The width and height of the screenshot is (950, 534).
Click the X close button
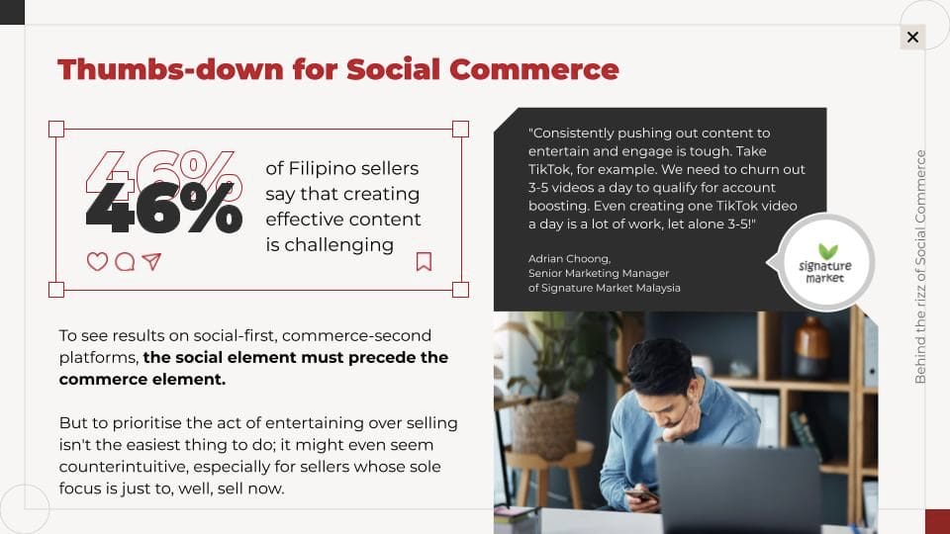[x=912, y=38]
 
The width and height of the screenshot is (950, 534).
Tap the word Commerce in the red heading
[x=534, y=69]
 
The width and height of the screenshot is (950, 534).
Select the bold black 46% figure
[x=164, y=209]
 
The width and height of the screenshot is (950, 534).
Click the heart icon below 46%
[x=97, y=261]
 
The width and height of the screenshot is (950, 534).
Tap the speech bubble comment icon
[x=125, y=261]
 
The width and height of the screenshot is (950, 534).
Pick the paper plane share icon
[x=151, y=261]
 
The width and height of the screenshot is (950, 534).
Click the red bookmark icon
[x=425, y=261]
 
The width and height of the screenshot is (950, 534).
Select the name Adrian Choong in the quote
[x=569, y=258]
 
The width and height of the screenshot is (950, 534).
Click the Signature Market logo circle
[x=825, y=262]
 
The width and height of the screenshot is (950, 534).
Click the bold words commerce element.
[x=142, y=380]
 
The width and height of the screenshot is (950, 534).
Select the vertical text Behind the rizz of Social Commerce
[x=920, y=266]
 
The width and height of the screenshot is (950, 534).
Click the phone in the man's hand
[x=641, y=494]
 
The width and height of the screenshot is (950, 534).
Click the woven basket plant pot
[x=544, y=426]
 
